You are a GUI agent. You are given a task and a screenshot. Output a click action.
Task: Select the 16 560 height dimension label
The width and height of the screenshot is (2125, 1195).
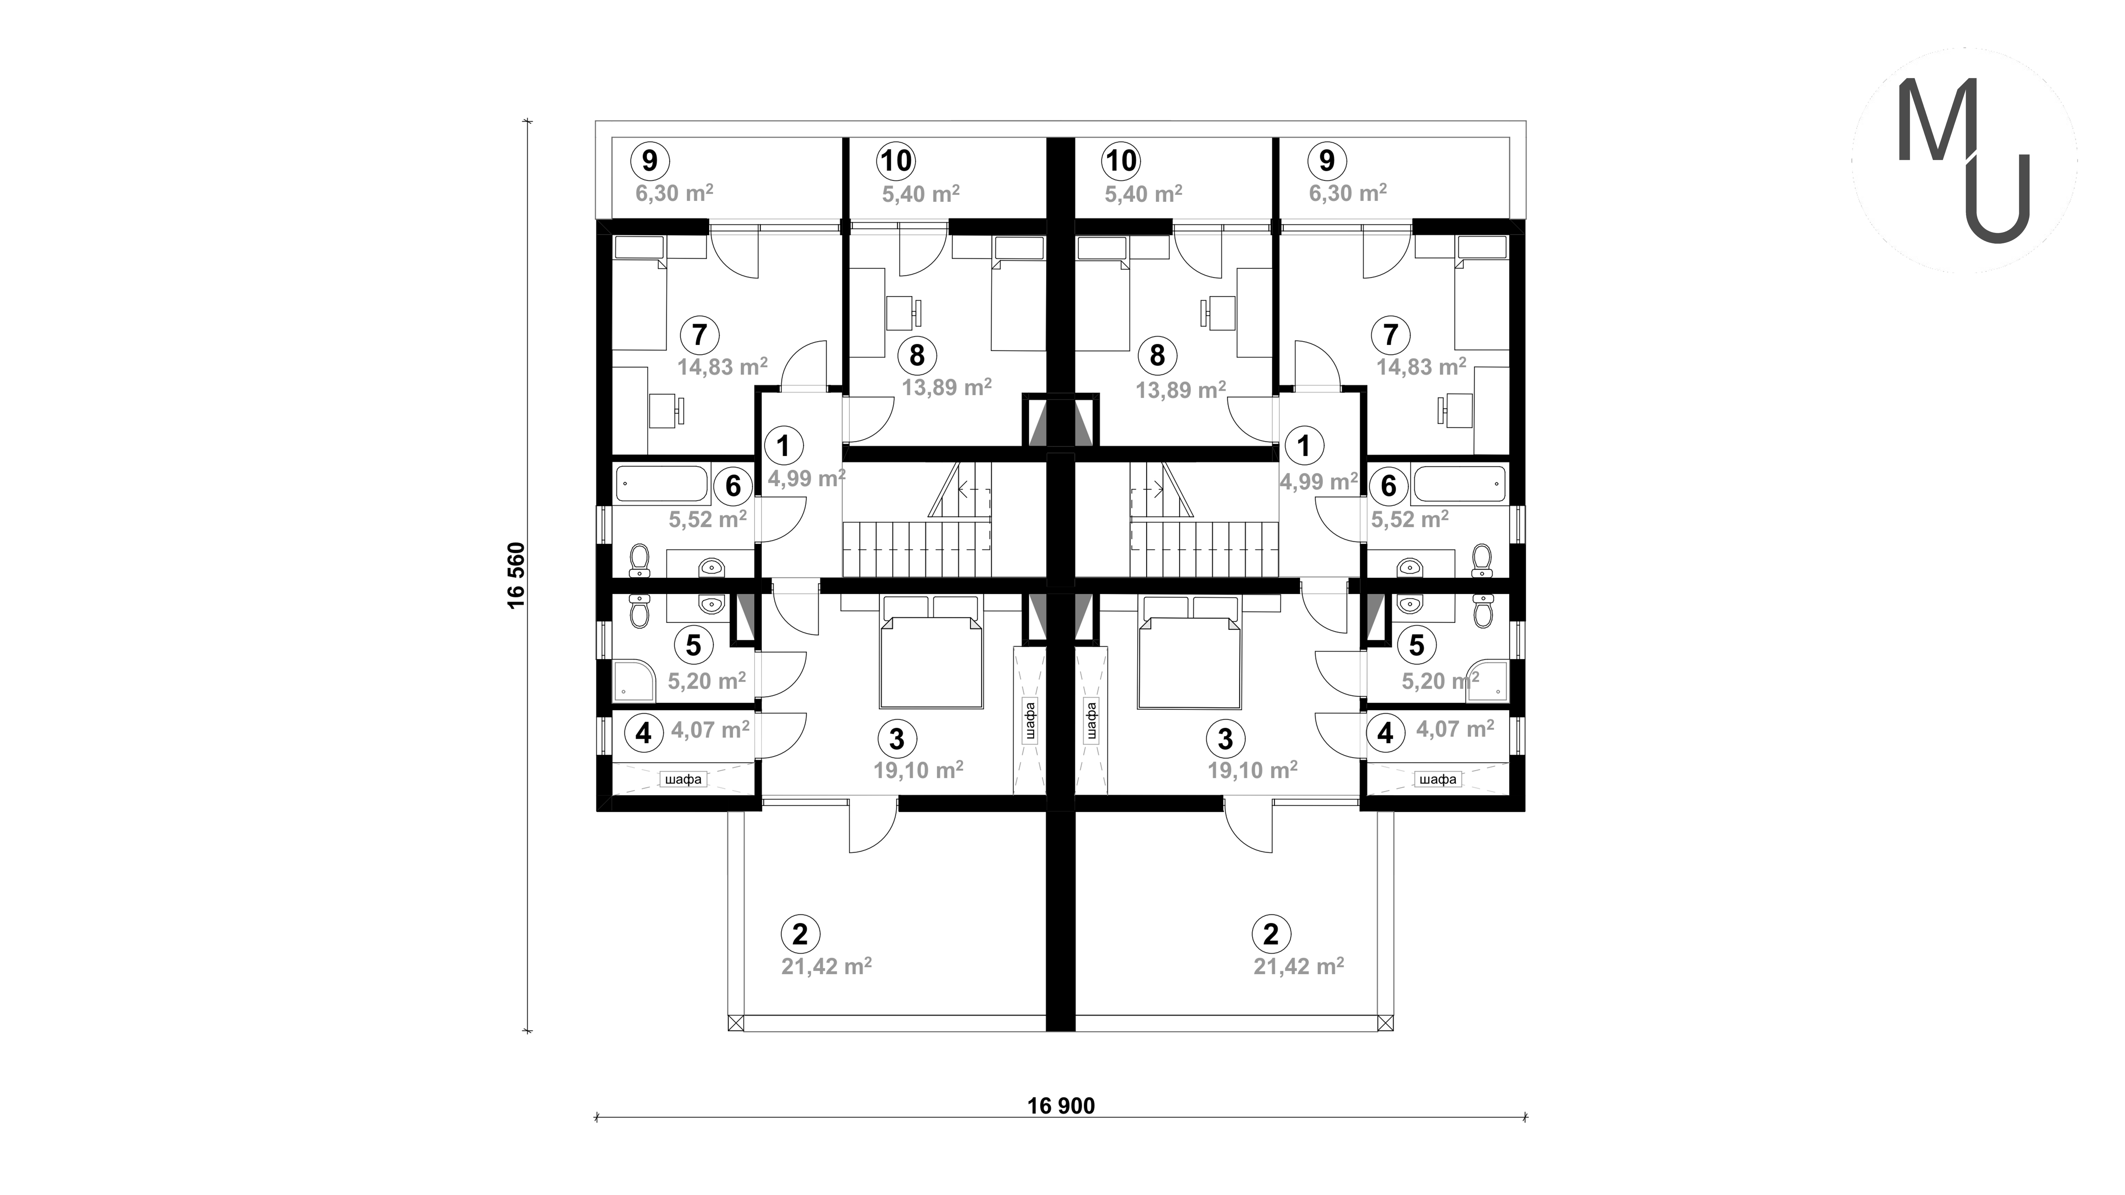pyautogui.click(x=517, y=575)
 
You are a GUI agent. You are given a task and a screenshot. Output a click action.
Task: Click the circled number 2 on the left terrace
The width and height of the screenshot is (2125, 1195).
pyautogui.click(x=799, y=934)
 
